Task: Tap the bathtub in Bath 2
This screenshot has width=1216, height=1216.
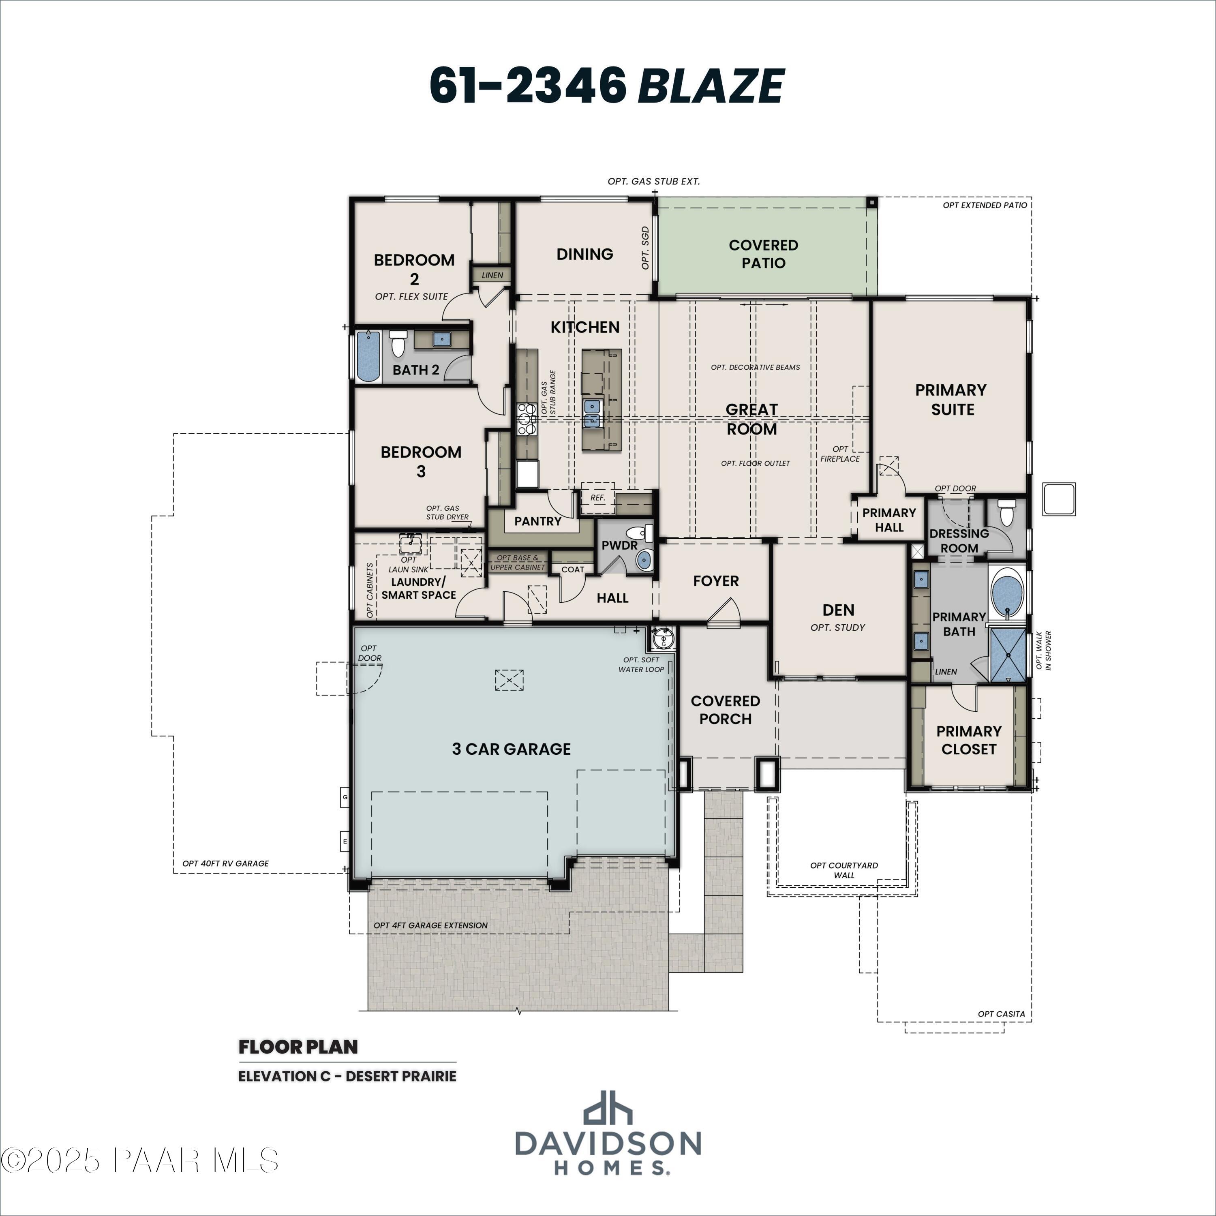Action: pyautogui.click(x=368, y=357)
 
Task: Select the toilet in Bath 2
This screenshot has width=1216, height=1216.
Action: pyautogui.click(x=398, y=344)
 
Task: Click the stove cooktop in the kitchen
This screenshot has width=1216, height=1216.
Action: pyautogui.click(x=526, y=419)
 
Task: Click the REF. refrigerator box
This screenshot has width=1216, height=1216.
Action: pyautogui.click(x=597, y=497)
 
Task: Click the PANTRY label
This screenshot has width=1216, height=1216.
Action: pyautogui.click(x=537, y=521)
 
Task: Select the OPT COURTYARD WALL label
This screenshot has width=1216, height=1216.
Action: pyautogui.click(x=844, y=870)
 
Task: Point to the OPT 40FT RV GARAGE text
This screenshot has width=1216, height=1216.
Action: pyautogui.click(x=225, y=863)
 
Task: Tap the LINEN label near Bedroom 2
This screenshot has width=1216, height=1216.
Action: pyautogui.click(x=492, y=275)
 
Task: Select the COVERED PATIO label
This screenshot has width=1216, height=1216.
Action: pyautogui.click(x=763, y=254)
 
